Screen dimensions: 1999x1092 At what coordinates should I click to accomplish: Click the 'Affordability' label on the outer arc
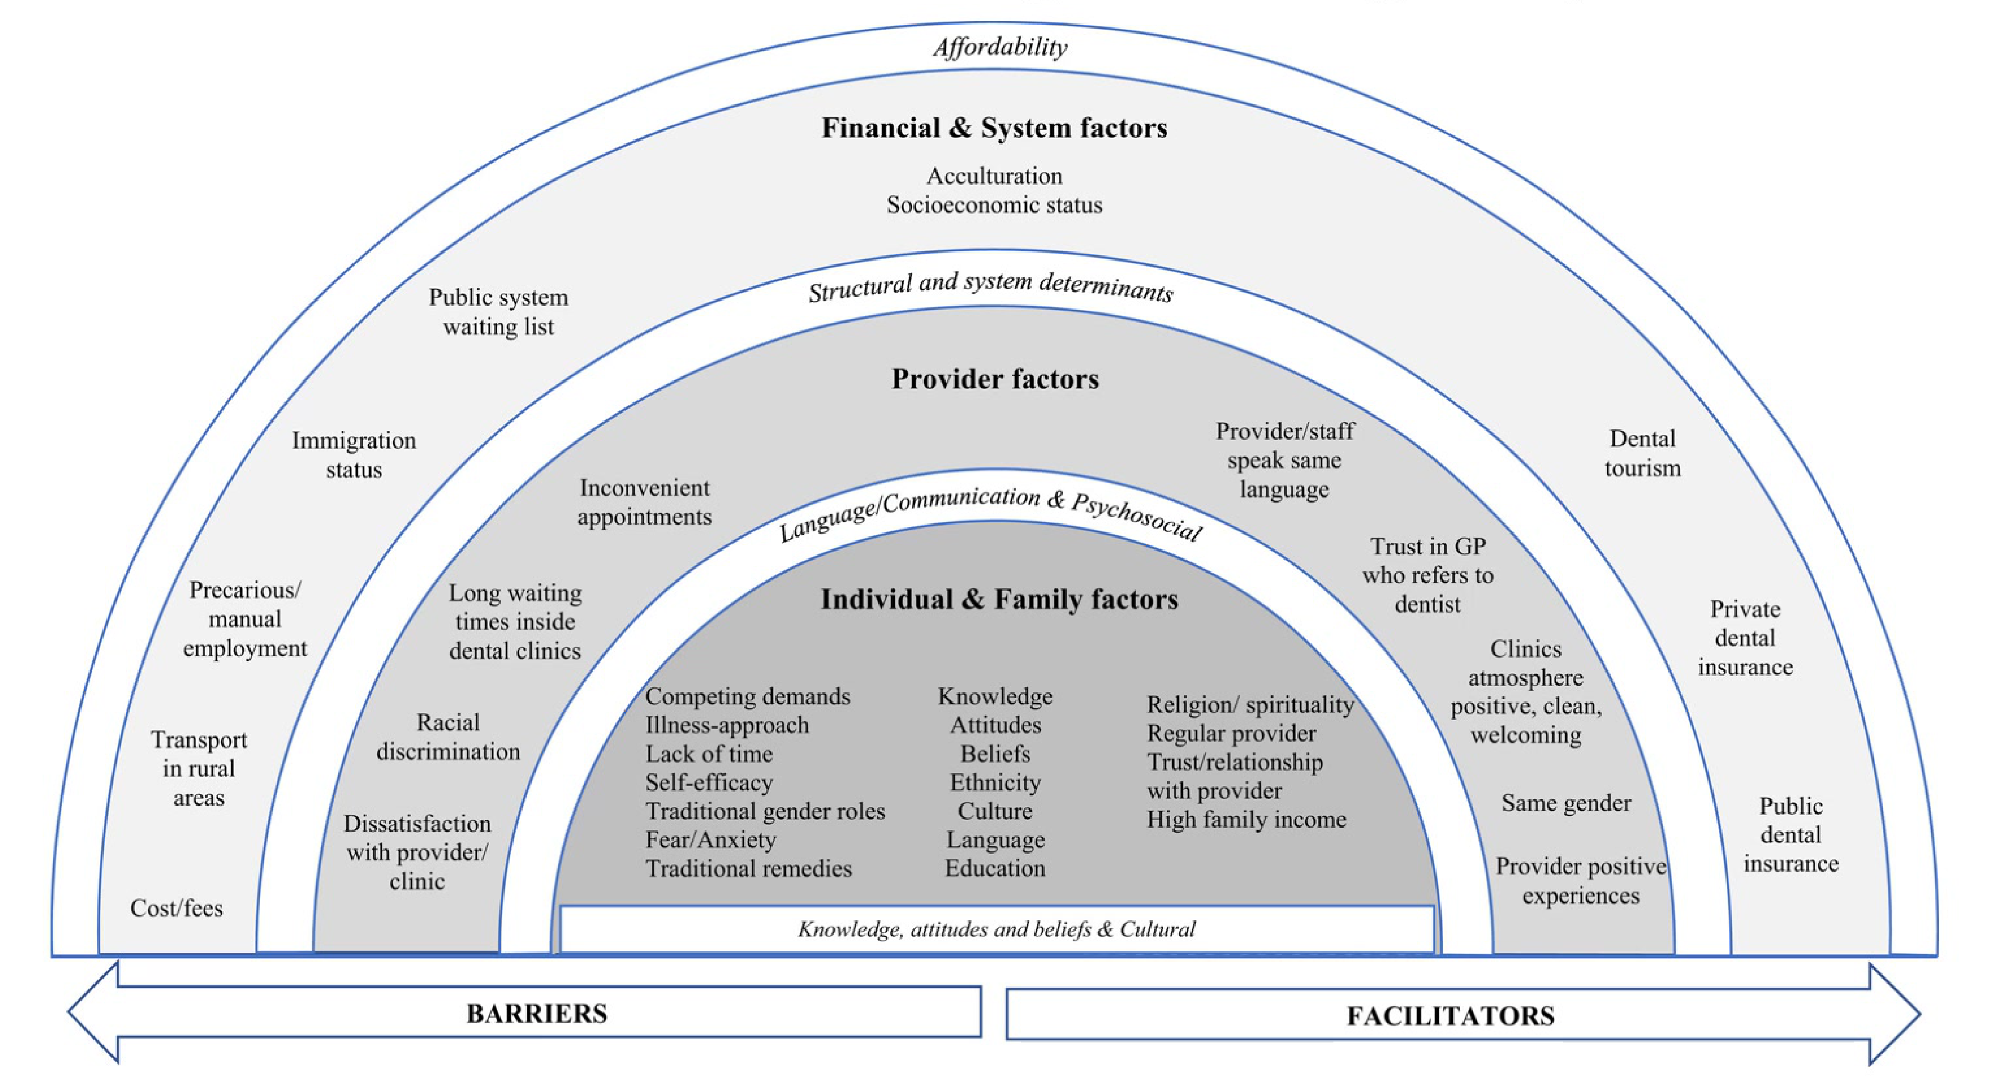[1000, 47]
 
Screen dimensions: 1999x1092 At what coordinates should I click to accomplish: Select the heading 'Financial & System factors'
[994, 127]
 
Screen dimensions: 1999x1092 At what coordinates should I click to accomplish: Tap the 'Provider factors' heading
[995, 379]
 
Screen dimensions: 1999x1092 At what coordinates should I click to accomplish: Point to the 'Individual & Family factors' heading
[999, 599]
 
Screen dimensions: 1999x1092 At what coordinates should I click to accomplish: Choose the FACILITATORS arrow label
[1450, 1016]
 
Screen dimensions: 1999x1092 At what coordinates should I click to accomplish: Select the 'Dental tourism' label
[1643, 453]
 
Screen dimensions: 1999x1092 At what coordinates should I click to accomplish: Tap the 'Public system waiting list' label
[499, 312]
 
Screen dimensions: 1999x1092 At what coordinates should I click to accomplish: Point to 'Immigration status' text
[354, 455]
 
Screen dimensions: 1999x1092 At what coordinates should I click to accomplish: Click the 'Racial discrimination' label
[449, 737]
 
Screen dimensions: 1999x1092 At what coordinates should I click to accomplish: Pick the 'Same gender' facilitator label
[1566, 802]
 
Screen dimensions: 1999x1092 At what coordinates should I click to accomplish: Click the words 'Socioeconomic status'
[995, 205]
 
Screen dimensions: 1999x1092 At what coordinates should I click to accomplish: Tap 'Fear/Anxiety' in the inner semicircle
[711, 840]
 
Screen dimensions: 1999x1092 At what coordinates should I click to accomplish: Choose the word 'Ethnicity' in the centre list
[996, 783]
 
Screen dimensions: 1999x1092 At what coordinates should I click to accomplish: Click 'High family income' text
[1247, 819]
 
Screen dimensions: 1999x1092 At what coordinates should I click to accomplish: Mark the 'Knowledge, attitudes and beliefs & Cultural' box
[997, 929]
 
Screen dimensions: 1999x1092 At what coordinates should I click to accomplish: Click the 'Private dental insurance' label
[1745, 638]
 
